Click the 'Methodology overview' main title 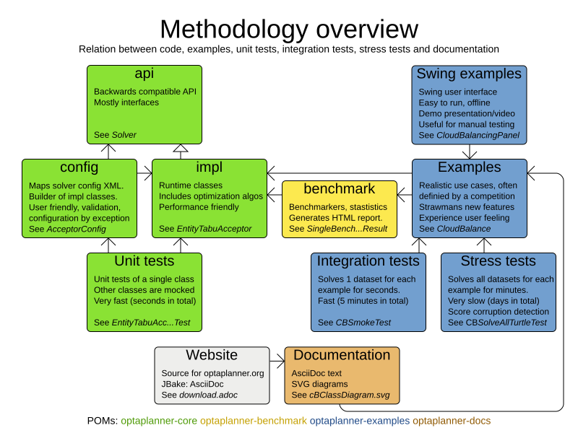coord(288,29)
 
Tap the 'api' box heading coord(144,74)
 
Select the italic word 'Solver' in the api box coord(124,135)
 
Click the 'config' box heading coord(79,167)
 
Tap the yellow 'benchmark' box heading coord(339,189)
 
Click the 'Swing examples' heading coord(469,74)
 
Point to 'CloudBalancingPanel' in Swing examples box coord(478,135)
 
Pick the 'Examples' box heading coord(469,167)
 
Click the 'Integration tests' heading coord(368,261)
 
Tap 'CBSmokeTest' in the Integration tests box coord(363,323)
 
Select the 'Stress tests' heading coord(498,261)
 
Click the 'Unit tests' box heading coord(144,261)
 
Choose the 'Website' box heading coord(212,355)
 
